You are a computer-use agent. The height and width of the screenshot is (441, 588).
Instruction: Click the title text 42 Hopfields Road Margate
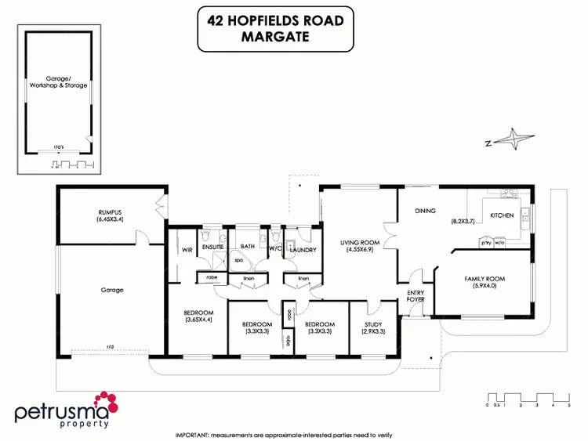pos(275,29)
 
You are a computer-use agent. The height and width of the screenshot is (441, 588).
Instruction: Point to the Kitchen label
pos(502,215)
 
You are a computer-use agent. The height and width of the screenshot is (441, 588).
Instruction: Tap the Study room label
pos(372,324)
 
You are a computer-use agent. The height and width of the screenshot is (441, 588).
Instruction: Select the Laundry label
pos(303,250)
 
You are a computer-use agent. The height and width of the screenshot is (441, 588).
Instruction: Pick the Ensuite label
pos(213,247)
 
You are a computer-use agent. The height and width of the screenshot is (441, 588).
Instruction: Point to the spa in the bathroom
pos(238,263)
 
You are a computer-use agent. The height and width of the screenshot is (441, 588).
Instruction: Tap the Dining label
pos(425,211)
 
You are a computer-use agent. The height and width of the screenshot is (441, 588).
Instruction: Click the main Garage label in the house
pos(112,289)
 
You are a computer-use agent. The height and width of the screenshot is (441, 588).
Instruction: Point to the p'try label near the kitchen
pos(485,244)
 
